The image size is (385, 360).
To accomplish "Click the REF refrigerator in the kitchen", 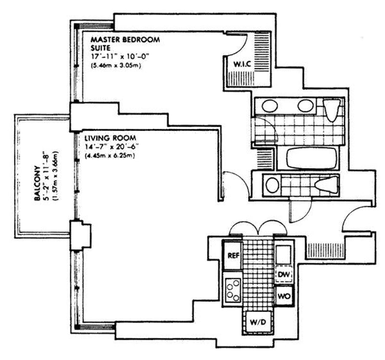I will click(x=233, y=255).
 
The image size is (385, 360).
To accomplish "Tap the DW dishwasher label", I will click(x=283, y=274).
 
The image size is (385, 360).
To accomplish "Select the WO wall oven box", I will click(x=284, y=296).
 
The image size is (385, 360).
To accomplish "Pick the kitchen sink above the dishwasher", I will click(x=283, y=254).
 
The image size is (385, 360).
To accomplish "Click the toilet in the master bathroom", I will click(x=331, y=109).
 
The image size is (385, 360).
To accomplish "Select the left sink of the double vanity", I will click(x=269, y=105).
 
